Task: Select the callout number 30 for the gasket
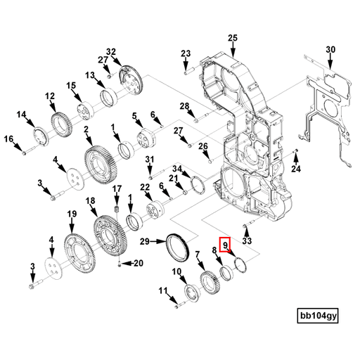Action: click(x=331, y=49)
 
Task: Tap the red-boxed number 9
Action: click(x=225, y=245)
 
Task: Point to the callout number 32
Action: click(x=110, y=51)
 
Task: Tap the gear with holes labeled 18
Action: click(x=110, y=239)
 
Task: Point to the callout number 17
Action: click(x=117, y=189)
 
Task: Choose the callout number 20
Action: click(x=138, y=264)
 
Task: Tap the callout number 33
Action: click(x=246, y=241)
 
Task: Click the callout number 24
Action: click(x=296, y=169)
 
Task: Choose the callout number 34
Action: click(x=177, y=169)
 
